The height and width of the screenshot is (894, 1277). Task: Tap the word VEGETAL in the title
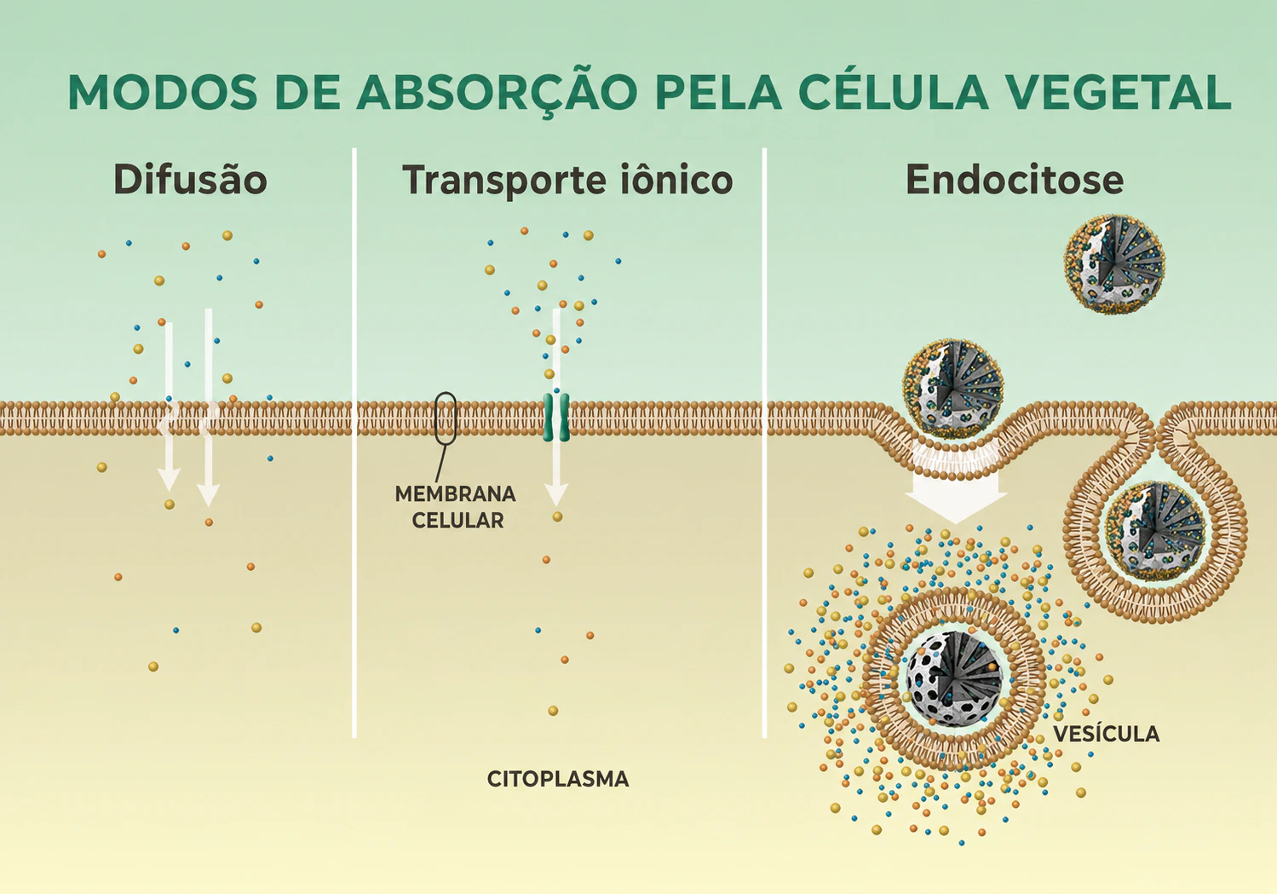coord(1117,92)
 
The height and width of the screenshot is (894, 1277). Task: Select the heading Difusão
coord(191,180)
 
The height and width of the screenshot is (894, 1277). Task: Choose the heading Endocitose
coord(1015,180)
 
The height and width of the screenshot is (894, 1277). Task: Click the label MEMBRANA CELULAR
coord(456,507)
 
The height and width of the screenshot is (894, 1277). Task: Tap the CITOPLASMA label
coord(557,779)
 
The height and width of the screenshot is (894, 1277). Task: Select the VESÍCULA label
coord(1106,734)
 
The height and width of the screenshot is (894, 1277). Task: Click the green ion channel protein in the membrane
coord(555,418)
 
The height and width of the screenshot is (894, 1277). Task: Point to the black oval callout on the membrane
coord(446,418)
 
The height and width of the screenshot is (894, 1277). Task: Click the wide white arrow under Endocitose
coord(956,482)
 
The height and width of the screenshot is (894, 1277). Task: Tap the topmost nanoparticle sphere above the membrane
coord(1114,264)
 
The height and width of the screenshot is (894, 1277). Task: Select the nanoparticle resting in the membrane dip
coord(952,390)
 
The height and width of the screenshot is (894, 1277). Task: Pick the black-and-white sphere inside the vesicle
coord(954,679)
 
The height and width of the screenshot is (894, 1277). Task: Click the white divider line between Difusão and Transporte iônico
coord(354,443)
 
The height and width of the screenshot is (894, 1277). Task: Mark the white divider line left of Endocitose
coord(764,443)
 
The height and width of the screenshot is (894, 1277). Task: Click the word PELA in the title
coord(718,92)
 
